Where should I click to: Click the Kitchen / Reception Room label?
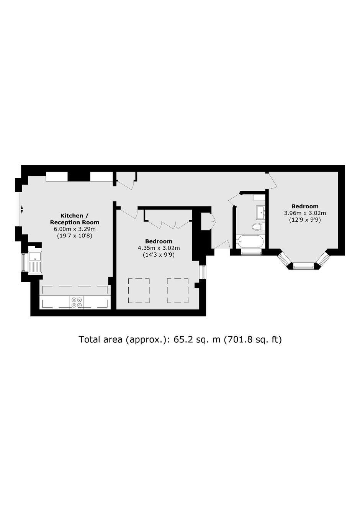click(75, 219)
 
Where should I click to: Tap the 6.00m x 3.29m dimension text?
click(75, 229)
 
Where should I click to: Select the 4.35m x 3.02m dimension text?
click(159, 248)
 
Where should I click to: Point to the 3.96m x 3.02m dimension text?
click(305, 213)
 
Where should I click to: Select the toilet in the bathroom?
click(259, 227)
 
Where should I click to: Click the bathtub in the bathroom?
click(250, 242)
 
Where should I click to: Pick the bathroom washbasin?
click(261, 212)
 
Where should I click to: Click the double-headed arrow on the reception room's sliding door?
click(22, 209)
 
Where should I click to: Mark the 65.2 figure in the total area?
click(183, 340)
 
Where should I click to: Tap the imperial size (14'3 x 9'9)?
click(159, 255)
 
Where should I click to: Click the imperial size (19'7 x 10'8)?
click(75, 236)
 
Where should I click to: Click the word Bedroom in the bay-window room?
click(305, 206)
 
